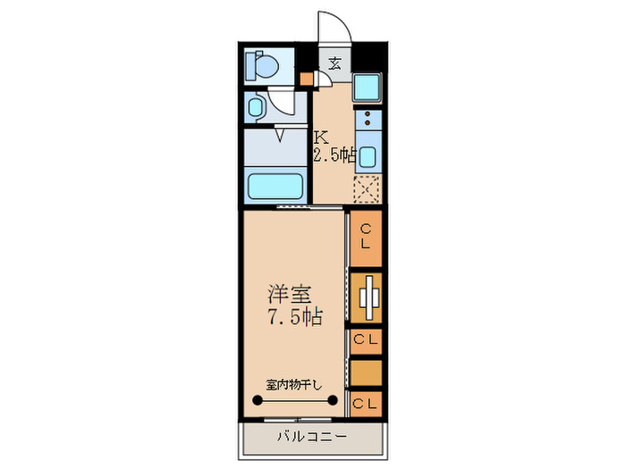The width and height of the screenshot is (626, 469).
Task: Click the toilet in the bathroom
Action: click(263, 65)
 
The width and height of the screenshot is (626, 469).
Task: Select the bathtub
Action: click(277, 188)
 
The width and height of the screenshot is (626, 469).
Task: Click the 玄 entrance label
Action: click(334, 63)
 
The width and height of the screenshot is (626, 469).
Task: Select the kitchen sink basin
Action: click(367, 155)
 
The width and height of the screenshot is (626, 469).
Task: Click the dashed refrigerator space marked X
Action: click(367, 188)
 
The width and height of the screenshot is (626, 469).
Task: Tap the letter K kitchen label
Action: click(320, 138)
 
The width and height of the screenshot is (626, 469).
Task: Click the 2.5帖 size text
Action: click(334, 155)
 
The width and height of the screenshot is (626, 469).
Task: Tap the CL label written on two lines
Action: click(366, 237)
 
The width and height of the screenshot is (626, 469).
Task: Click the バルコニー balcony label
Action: click(309, 438)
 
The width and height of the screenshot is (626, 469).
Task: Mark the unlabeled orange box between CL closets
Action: click(366, 370)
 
